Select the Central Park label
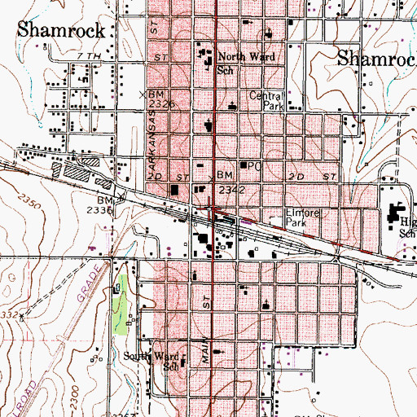[x=266, y=100]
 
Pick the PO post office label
[x=254, y=166]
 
